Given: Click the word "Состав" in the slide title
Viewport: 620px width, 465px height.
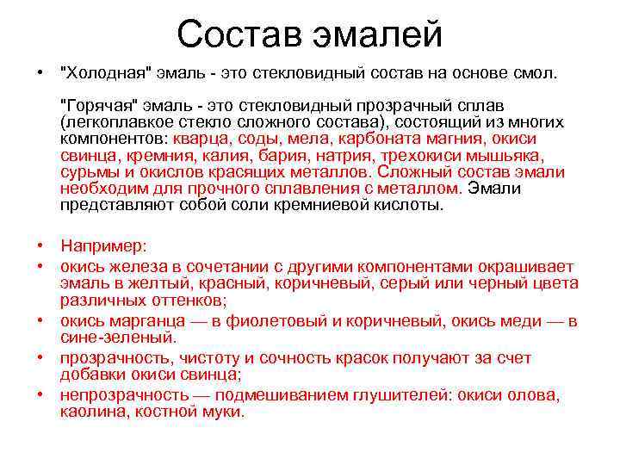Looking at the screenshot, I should click(231, 34).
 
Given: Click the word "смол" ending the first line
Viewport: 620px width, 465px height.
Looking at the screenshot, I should click(539, 74).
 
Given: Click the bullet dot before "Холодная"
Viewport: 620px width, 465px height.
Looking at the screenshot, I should click(41, 74).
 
